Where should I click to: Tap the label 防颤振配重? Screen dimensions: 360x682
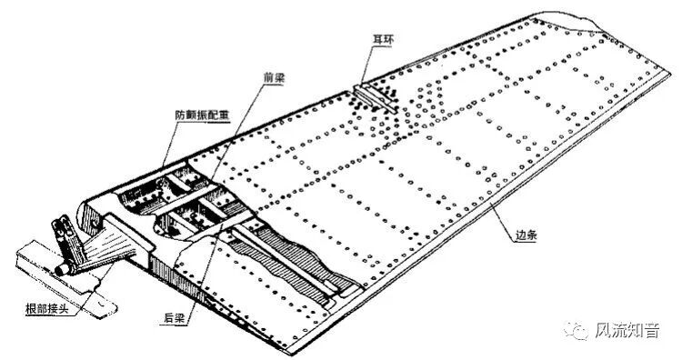(196, 116)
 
